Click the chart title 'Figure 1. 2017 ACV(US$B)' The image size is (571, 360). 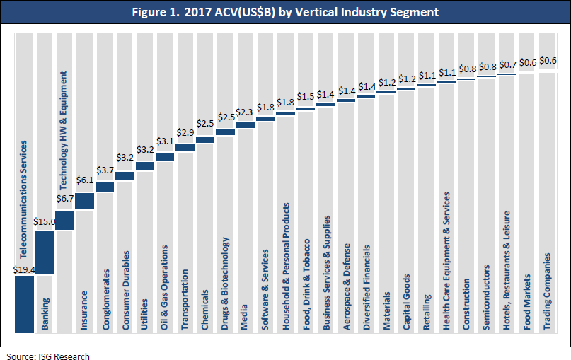coord(285,13)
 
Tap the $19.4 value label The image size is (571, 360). coord(24,269)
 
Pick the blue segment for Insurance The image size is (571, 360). coord(84,202)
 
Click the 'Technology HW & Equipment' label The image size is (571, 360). coord(64,128)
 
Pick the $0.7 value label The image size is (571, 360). coord(507,66)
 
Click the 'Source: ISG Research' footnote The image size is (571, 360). coord(47,354)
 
